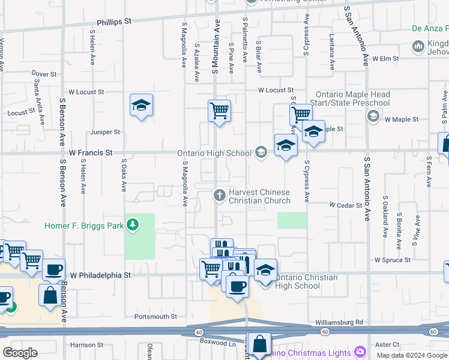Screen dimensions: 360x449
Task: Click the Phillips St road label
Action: tap(113, 21)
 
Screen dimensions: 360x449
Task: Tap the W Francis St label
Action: tap(91, 153)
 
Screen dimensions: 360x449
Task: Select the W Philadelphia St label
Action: tap(100, 275)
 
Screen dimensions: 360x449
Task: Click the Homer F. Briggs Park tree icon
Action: tap(133, 226)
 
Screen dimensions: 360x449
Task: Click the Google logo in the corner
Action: tap(20, 353)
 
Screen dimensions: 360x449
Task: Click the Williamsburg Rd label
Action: tap(339, 322)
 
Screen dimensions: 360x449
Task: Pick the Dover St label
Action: tap(44, 74)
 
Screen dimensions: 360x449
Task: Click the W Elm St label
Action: tap(385, 59)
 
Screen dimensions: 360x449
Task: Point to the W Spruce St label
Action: tap(392, 260)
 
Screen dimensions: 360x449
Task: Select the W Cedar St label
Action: tap(346, 205)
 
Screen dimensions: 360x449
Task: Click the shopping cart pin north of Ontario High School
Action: tap(220, 110)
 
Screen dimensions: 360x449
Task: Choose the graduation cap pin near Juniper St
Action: tap(141, 106)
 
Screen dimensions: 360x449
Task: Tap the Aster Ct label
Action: tap(387, 345)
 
